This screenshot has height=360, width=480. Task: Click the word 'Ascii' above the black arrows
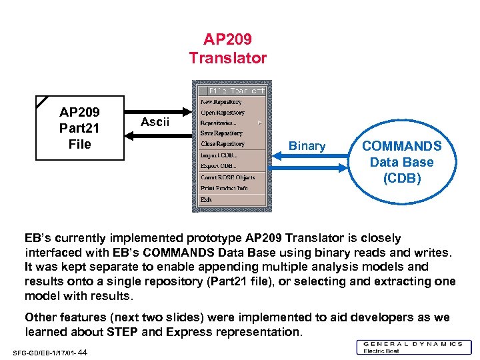[x=155, y=122]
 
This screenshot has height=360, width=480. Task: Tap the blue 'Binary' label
[x=307, y=146]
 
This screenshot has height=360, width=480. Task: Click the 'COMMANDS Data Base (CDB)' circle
[x=401, y=162]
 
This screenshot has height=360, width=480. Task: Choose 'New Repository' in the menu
[x=221, y=102]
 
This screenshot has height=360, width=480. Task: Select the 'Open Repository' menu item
[x=223, y=113]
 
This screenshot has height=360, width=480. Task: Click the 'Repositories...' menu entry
[x=219, y=123]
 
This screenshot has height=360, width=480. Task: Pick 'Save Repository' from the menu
[x=222, y=133]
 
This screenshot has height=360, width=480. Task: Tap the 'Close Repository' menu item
[x=223, y=144]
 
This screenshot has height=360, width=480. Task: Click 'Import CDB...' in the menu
[x=219, y=155]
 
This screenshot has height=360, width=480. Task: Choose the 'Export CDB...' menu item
[x=219, y=165]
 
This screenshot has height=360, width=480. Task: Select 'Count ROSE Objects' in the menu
[x=227, y=177]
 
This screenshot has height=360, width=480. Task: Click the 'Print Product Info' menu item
[x=224, y=188]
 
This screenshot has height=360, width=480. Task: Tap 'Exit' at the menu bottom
[x=206, y=199]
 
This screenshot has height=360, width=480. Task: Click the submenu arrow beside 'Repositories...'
[x=260, y=123]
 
